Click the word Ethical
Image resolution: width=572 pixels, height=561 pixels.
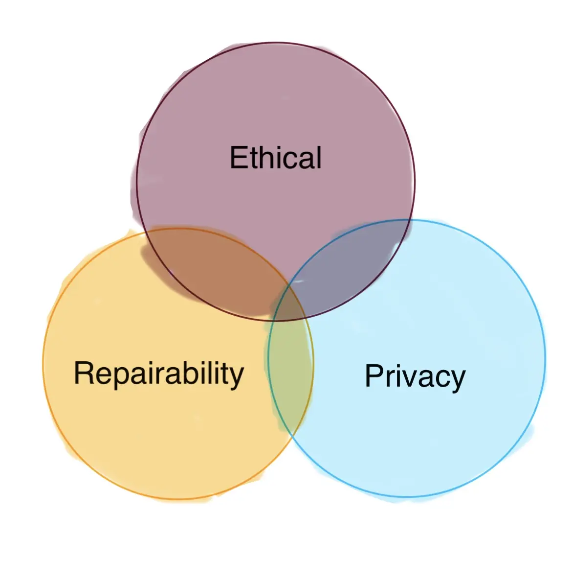275,157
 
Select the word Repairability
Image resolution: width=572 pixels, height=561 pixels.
159,374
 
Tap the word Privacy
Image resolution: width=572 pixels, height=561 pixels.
415,377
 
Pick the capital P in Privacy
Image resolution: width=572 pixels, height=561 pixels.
374,376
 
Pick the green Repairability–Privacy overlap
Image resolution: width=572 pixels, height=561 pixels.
290,376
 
